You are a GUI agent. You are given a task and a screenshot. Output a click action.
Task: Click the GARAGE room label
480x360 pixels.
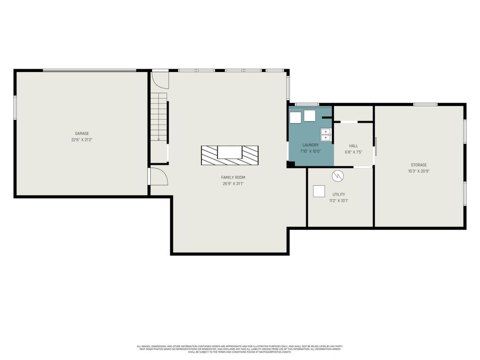pyautogui.click(x=82, y=133)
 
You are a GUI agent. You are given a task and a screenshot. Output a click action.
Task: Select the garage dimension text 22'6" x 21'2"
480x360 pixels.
pyautogui.click(x=82, y=140)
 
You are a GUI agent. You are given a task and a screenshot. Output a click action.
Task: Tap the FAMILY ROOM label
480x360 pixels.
pyautogui.click(x=233, y=177)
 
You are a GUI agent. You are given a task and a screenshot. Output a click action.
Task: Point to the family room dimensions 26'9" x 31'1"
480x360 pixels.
pyautogui.click(x=233, y=183)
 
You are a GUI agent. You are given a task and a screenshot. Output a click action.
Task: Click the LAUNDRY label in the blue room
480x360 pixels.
pyautogui.click(x=310, y=145)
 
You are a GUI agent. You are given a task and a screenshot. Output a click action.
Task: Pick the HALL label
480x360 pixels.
pyautogui.click(x=354, y=146)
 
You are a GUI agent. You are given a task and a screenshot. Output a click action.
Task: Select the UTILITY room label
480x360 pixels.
pyautogui.click(x=339, y=194)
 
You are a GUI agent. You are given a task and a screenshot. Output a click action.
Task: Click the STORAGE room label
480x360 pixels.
pyautogui.click(x=419, y=165)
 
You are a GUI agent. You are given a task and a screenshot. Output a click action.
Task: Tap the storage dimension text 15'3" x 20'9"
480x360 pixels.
pyautogui.click(x=419, y=171)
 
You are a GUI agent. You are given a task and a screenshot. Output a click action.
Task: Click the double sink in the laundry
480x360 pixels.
pyautogui.click(x=325, y=133)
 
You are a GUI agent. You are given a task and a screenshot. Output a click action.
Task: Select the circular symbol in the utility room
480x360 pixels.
pyautogui.click(x=338, y=175)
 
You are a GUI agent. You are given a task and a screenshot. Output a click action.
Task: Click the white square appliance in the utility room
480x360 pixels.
pyautogui.click(x=318, y=191)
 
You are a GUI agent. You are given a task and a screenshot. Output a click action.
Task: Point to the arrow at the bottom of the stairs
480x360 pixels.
pyautogui.click(x=158, y=138)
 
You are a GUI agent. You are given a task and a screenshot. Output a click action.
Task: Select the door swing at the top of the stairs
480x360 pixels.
pyautogui.click(x=160, y=79)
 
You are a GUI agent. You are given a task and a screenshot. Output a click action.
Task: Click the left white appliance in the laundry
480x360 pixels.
pyautogui.click(x=295, y=117)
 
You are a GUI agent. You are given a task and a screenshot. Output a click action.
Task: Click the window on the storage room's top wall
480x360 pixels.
pyautogui.click(x=425, y=104)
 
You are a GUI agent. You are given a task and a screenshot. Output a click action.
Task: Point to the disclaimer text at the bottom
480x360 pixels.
pyautogui.click(x=240, y=349)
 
